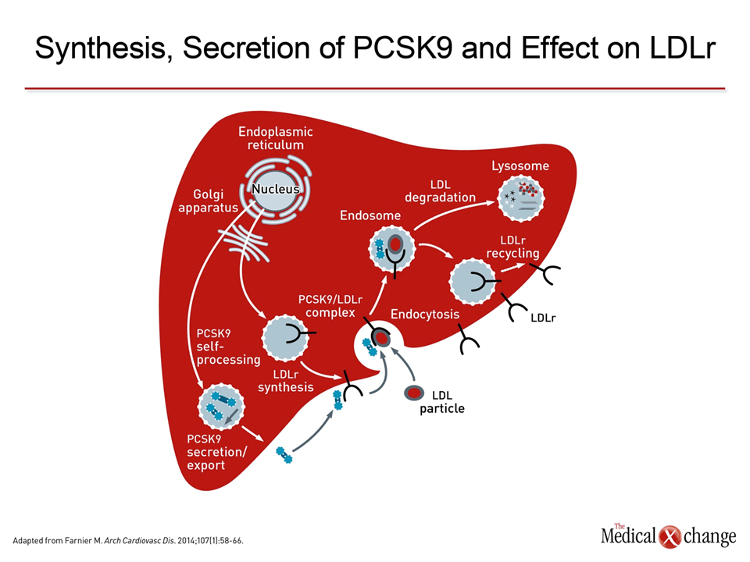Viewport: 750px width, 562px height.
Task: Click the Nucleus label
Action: click(x=276, y=189)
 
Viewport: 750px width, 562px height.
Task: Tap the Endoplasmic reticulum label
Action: click(x=276, y=138)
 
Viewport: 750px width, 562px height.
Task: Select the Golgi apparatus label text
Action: click(x=208, y=201)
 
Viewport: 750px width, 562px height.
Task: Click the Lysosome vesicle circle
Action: click(x=521, y=197)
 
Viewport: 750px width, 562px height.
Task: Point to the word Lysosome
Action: click(x=520, y=165)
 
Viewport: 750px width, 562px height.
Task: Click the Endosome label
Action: click(x=370, y=215)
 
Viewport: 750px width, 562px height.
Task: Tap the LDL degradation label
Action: click(x=440, y=190)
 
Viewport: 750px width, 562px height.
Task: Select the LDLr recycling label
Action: click(x=512, y=247)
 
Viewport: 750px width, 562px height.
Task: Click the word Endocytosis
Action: click(x=425, y=314)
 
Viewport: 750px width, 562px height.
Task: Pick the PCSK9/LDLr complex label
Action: click(x=330, y=306)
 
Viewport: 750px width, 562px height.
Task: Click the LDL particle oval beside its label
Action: click(x=414, y=393)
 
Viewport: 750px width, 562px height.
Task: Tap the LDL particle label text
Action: click(x=442, y=402)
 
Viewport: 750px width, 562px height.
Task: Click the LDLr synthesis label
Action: click(x=286, y=381)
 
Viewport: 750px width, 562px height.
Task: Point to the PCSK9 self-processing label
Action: click(x=228, y=347)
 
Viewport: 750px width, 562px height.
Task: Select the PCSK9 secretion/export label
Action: click(x=216, y=452)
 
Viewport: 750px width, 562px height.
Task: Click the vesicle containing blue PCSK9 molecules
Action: click(x=221, y=407)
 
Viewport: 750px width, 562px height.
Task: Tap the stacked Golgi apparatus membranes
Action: click(x=244, y=243)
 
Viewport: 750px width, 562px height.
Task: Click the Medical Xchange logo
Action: click(x=668, y=535)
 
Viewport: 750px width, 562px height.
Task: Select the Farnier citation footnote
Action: click(x=128, y=541)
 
